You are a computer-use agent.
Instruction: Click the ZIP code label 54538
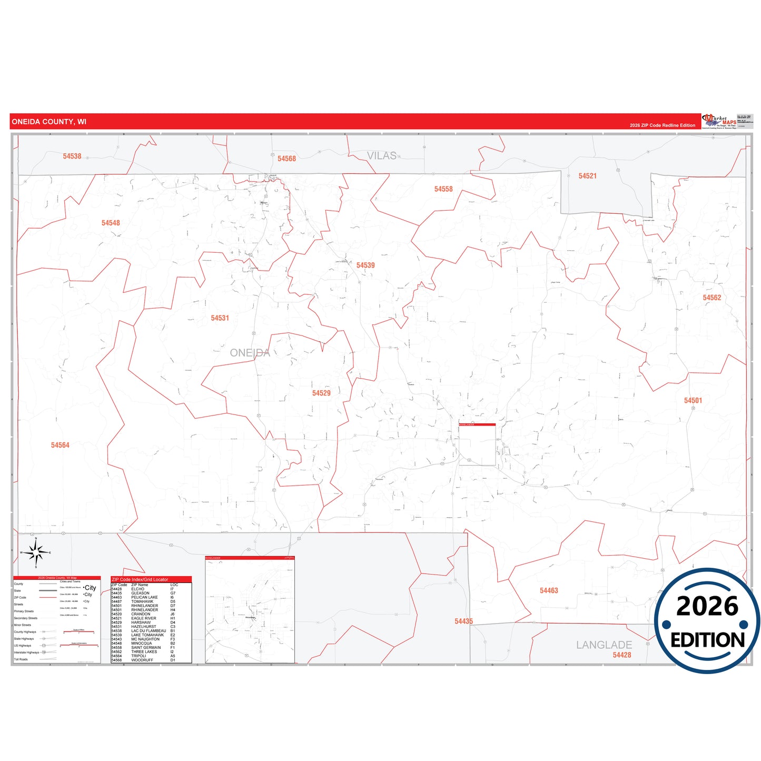click(x=72, y=156)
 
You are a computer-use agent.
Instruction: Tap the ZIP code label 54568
click(x=286, y=159)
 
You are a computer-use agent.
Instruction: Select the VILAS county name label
click(x=381, y=156)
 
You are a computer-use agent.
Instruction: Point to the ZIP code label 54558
click(x=443, y=189)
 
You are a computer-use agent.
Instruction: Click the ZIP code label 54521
click(x=587, y=176)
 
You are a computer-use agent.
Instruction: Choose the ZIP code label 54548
click(x=111, y=223)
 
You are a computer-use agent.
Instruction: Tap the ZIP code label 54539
click(x=365, y=265)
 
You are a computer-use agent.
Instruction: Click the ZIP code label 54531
click(x=220, y=318)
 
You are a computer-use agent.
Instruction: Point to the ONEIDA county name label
click(x=250, y=353)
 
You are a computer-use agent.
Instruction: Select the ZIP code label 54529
click(x=321, y=393)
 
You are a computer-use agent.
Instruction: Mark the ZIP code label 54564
click(x=60, y=445)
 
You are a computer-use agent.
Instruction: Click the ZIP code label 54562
click(x=711, y=298)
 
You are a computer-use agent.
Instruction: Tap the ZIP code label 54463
click(x=549, y=590)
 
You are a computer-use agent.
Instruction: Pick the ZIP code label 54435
click(x=463, y=621)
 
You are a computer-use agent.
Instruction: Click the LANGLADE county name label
click(x=604, y=645)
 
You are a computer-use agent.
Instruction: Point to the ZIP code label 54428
click(x=621, y=655)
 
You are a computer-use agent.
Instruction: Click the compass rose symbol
click(x=36, y=552)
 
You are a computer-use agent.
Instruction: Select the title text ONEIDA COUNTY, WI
click(x=49, y=122)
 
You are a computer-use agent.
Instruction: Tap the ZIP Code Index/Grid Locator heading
click(x=140, y=579)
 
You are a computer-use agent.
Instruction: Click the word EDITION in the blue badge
click(x=707, y=640)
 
